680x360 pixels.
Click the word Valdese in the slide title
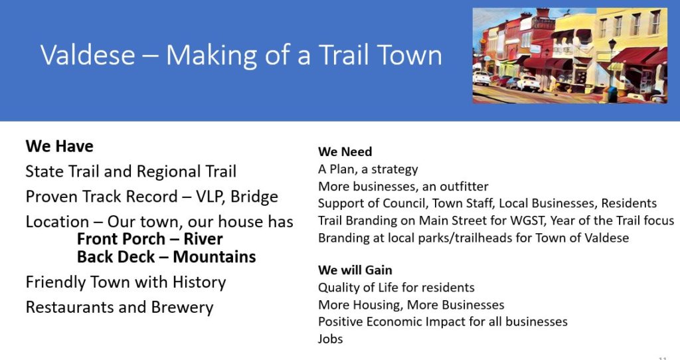[88, 55]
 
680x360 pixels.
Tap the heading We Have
[59, 146]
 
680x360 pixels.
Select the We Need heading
[345, 152]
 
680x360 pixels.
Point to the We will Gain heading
[355, 270]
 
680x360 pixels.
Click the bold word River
[203, 239]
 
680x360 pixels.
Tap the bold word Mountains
[214, 257]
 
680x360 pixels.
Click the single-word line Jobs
[330, 339]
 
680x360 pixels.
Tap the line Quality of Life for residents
[396, 288]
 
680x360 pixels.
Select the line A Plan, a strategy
[368, 169]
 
